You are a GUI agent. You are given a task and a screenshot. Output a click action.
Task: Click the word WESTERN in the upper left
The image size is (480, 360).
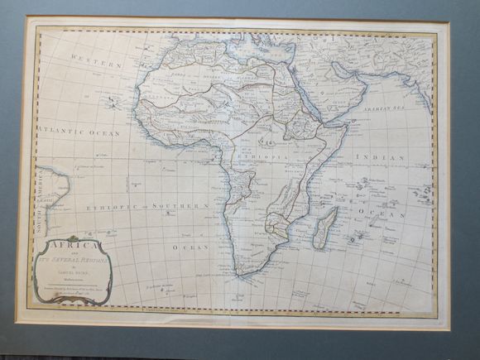pos(96,61)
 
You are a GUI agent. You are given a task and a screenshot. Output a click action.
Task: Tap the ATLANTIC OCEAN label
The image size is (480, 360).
pos(79,132)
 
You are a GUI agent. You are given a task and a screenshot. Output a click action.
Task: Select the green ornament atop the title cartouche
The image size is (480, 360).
pos(73,238)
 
